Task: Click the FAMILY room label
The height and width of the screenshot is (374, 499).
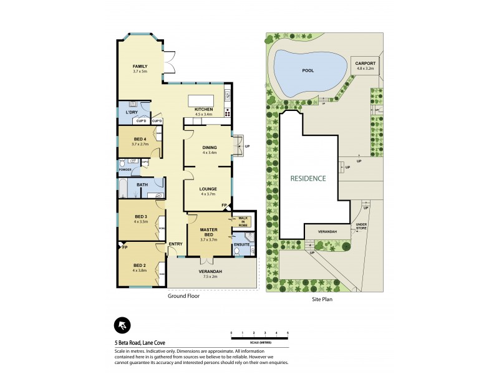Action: click(139, 66)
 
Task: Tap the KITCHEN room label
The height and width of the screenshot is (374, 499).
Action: click(204, 110)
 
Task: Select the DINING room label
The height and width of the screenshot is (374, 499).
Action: click(209, 148)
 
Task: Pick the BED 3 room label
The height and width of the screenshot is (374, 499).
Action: click(140, 216)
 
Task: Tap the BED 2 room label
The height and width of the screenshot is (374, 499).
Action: click(139, 265)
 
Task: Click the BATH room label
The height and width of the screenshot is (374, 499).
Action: click(142, 185)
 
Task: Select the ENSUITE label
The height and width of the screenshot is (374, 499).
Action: click(242, 245)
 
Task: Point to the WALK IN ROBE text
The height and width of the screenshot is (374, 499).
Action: click(243, 221)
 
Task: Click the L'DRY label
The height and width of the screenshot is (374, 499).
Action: click(132, 112)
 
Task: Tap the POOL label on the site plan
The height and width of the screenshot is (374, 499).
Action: click(308, 71)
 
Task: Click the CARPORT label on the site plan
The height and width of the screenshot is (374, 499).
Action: click(365, 64)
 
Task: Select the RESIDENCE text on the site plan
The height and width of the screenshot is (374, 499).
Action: click(308, 178)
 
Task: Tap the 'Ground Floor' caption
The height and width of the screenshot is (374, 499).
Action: click(183, 297)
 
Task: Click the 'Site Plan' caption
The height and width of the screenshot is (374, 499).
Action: click(324, 299)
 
